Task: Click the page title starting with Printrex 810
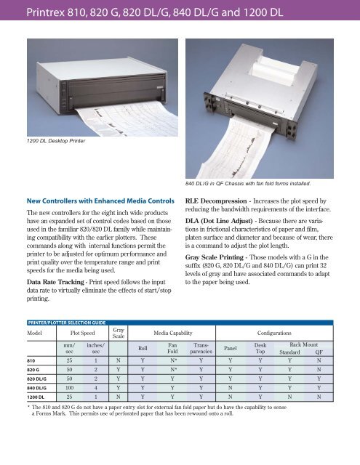coord(155,12)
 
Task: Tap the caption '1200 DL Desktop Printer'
coord(56,141)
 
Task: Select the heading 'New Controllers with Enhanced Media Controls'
coord(100,201)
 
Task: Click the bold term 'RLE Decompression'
coord(216,201)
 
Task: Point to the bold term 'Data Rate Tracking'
coord(55,282)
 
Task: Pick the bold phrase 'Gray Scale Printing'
coord(215,257)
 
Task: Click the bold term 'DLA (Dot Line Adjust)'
coord(219,221)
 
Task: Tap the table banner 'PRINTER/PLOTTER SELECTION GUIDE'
coord(67,323)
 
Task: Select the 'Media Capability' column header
coord(173,333)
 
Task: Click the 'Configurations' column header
coord(274,333)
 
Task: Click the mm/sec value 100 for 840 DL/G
coord(69,387)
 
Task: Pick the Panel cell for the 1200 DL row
coord(231,397)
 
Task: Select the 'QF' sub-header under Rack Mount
coord(319,352)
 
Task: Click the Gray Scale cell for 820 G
coord(119,370)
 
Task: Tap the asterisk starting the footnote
coord(28,407)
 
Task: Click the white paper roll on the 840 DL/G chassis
coord(275,69)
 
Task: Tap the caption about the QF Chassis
coord(248,184)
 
